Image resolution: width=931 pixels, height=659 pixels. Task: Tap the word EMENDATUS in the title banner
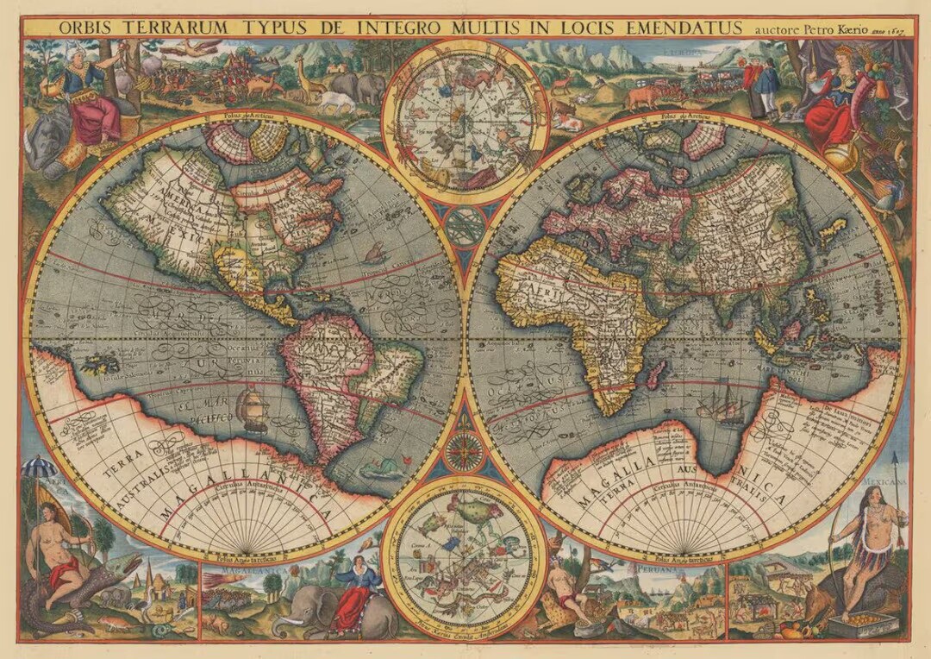coord(678,28)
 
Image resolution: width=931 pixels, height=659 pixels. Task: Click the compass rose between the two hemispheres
coord(465,451)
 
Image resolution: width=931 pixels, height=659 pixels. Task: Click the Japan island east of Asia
coord(831,230)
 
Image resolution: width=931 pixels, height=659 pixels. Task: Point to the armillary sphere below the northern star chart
coord(465,226)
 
